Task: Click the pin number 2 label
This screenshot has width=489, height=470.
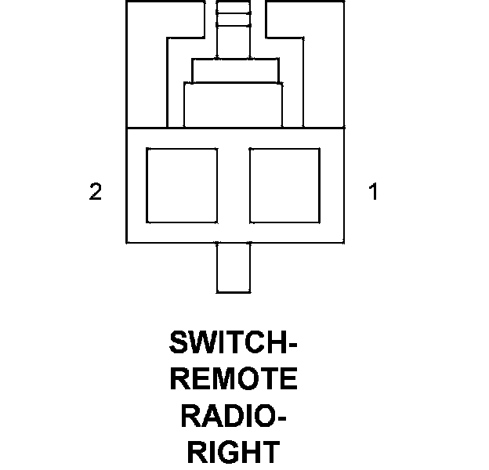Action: [96, 192]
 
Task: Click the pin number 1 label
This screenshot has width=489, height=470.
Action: [374, 192]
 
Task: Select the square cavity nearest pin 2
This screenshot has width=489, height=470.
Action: [182, 185]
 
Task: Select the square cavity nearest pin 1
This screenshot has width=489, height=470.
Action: [284, 185]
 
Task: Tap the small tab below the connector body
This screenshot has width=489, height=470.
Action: [233, 267]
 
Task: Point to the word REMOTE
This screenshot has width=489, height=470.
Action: [234, 380]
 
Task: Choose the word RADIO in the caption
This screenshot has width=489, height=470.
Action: [228, 416]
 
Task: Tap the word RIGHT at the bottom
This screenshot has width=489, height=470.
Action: [234, 453]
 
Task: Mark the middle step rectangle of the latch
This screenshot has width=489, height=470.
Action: [233, 70]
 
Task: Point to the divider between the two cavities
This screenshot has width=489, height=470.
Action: [233, 185]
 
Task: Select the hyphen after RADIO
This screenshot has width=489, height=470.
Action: [281, 418]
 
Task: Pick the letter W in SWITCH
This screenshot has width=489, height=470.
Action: [201, 344]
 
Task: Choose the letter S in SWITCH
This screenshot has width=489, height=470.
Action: [179, 344]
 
